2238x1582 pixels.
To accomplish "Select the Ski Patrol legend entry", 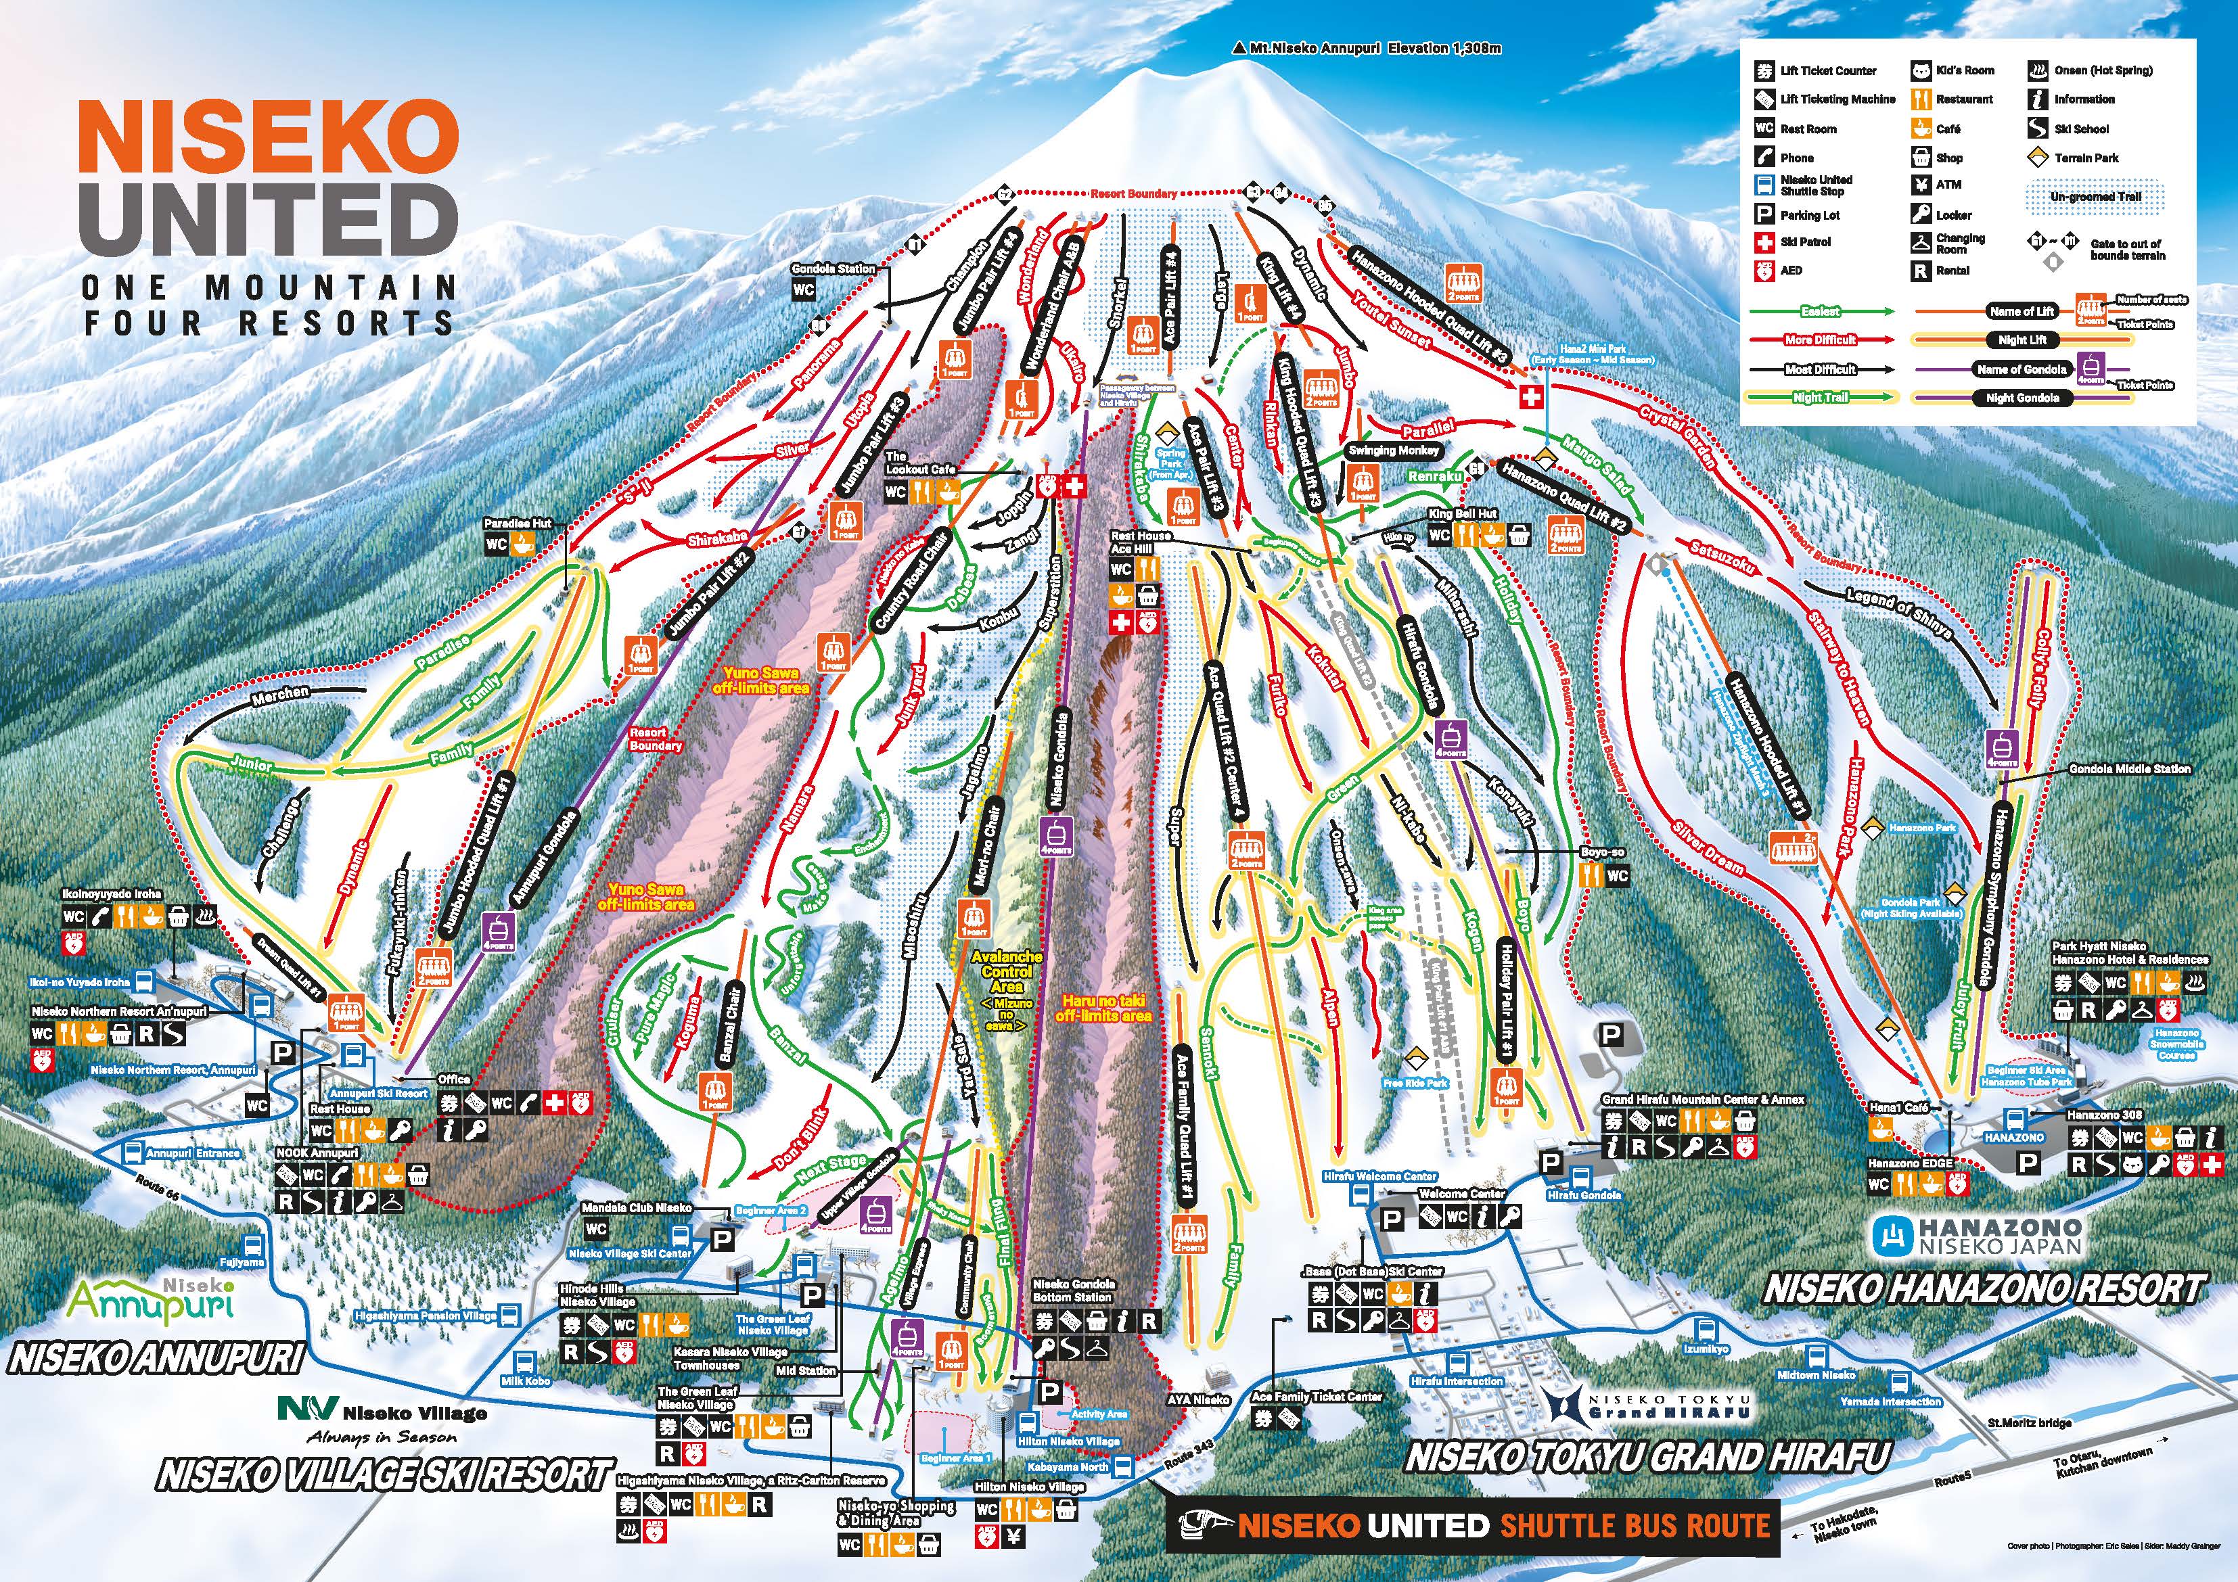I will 1805,241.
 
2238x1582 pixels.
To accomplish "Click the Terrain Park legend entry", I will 2086,157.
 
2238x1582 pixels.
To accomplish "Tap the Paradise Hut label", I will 518,524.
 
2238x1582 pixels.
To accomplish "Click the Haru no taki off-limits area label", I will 1103,1008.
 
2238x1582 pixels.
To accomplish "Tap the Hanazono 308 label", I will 2103,1114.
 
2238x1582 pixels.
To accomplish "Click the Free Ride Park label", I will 1415,1083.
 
